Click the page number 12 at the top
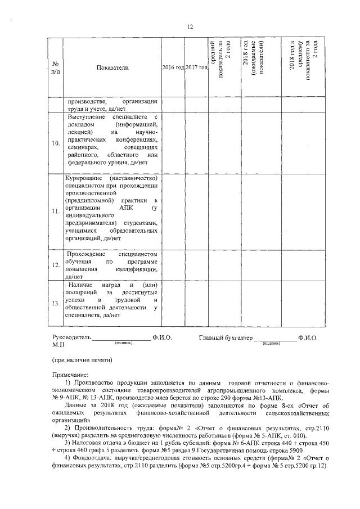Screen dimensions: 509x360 click(190, 26)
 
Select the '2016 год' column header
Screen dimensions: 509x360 click(173, 67)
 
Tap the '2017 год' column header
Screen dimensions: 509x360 click(196, 67)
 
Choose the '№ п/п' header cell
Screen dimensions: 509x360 click(56, 67)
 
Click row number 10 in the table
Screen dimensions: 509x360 click(56, 143)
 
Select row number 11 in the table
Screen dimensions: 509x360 click(56, 211)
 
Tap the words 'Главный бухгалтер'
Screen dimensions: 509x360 click(225, 339)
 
